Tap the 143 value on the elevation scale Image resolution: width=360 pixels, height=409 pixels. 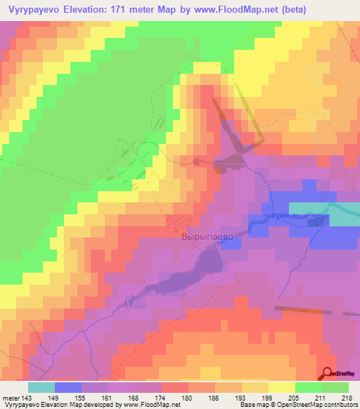[x=25, y=398]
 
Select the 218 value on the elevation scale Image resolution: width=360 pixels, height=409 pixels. [x=342, y=398]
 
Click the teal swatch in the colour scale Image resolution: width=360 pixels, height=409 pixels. [x=41, y=387]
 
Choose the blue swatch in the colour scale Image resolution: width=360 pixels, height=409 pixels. [x=68, y=387]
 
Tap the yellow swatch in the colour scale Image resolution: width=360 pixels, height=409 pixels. [x=282, y=387]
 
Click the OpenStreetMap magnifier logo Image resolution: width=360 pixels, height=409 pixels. [x=327, y=374]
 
